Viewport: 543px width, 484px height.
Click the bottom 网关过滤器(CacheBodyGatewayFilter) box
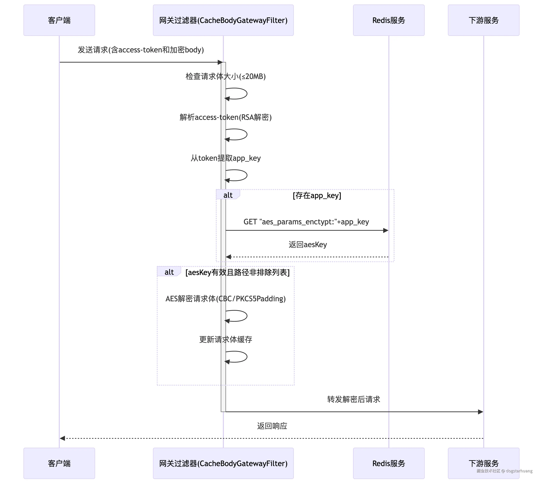point(223,463)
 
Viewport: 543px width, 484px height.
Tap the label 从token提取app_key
point(226,158)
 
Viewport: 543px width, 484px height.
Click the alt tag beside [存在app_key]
point(228,195)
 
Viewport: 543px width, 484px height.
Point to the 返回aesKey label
point(308,244)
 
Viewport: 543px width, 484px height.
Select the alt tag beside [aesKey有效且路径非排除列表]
point(169,272)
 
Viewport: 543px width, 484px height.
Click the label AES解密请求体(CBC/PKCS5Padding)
point(226,299)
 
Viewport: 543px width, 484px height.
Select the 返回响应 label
point(272,426)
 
